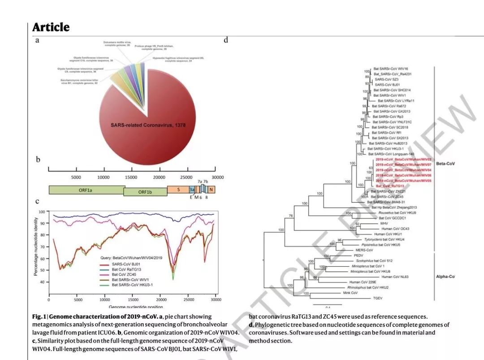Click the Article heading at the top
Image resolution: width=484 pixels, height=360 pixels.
tap(51, 27)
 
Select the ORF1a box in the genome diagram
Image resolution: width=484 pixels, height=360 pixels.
tap(86, 190)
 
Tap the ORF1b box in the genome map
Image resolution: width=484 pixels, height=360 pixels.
tap(145, 192)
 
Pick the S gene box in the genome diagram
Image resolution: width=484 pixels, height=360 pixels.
tap(178, 190)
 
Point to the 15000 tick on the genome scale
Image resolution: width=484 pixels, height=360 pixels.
tap(131, 177)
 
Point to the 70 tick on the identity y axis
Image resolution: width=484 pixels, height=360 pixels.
tap(42, 247)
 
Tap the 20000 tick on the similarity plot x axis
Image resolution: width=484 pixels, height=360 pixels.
tap(161, 299)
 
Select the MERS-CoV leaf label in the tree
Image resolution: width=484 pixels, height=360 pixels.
tap(364, 250)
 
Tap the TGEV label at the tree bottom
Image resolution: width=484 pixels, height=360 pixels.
tap(372, 298)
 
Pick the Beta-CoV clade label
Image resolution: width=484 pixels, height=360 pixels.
tap(445, 164)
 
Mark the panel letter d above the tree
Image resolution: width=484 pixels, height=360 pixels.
tap(226, 40)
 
